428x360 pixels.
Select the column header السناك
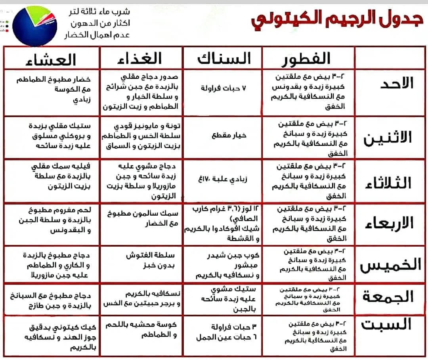[224, 59]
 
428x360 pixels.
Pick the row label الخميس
[390, 265]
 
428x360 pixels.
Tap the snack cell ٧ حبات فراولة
[224, 88]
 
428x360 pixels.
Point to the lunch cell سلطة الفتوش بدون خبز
[150, 260]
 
